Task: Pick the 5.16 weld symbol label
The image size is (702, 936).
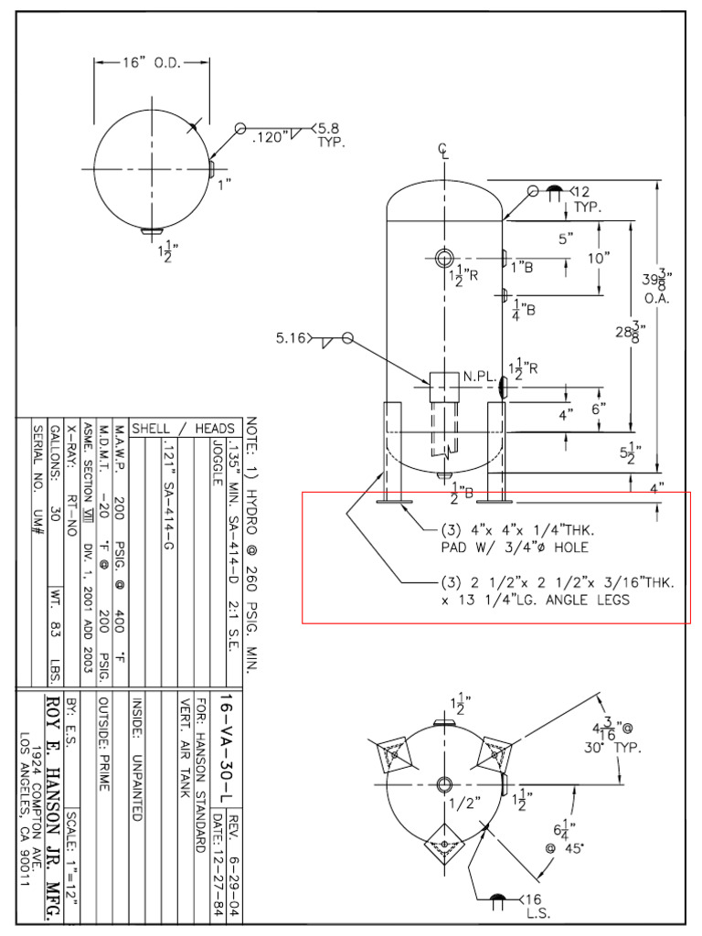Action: pyautogui.click(x=292, y=339)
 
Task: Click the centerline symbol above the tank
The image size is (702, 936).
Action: pyautogui.click(x=445, y=153)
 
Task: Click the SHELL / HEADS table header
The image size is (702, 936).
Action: pyautogui.click(x=184, y=428)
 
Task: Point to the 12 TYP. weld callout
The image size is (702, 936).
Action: pyautogui.click(x=584, y=198)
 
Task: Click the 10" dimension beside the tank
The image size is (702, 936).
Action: pyautogui.click(x=599, y=259)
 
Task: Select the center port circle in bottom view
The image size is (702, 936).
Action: pyautogui.click(x=445, y=784)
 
